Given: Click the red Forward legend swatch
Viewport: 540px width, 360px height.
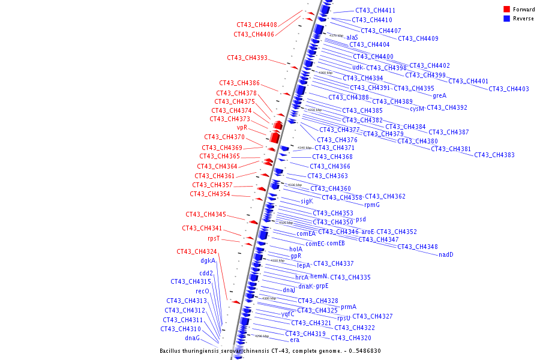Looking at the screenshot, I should [x=506, y=10].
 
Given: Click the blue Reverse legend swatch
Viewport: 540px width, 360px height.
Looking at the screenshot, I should [x=506, y=18].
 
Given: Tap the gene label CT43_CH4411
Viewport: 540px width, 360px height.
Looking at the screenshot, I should [x=375, y=11].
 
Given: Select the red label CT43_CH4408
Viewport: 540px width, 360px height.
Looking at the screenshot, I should [x=256, y=25].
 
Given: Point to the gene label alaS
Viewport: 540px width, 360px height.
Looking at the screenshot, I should [x=352, y=37].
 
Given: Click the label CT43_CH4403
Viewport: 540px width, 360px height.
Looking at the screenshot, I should [x=508, y=89].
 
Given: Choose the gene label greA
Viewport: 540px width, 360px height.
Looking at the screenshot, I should [x=439, y=95].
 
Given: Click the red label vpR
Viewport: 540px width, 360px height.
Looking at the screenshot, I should [x=242, y=127].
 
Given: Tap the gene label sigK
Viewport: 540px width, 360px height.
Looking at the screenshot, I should [x=307, y=201].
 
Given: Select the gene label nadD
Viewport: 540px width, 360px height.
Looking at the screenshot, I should [x=446, y=254].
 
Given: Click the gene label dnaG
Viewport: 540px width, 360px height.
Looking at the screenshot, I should [x=192, y=338].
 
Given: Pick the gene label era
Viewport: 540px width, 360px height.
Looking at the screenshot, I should [x=295, y=340].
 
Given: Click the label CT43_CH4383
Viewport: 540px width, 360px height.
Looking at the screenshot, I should [x=494, y=155].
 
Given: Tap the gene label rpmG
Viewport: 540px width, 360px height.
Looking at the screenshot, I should [x=372, y=205].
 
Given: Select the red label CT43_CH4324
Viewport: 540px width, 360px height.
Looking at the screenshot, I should [x=196, y=251].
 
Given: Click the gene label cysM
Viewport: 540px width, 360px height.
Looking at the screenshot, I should [x=417, y=109].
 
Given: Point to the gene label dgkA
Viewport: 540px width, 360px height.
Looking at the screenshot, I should [x=208, y=261].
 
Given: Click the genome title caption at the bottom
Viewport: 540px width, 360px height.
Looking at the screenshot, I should [x=270, y=351].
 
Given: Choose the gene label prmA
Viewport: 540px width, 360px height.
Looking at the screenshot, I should [x=349, y=307].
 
